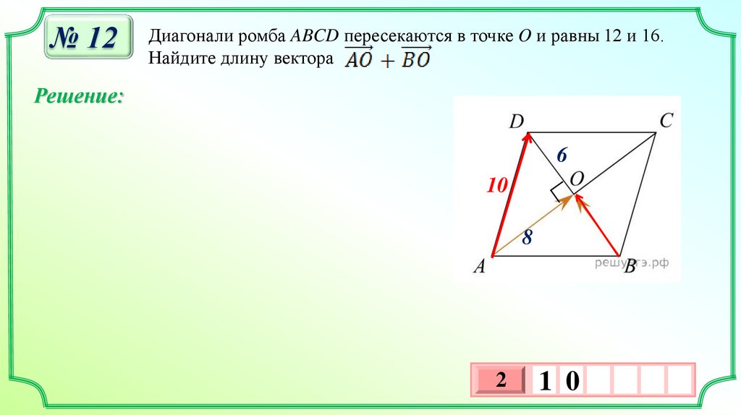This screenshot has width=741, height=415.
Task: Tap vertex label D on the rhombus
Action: (x=516, y=122)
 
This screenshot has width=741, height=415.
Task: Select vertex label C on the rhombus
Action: (x=666, y=121)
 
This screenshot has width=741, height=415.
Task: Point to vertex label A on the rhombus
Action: (x=479, y=268)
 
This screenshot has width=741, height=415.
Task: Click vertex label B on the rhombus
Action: (x=629, y=268)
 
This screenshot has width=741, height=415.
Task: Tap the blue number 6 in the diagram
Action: (x=562, y=154)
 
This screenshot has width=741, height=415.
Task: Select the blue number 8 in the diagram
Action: (x=527, y=236)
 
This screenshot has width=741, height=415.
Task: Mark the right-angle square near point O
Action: (x=558, y=194)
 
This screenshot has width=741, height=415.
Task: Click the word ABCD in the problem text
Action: (x=315, y=35)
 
